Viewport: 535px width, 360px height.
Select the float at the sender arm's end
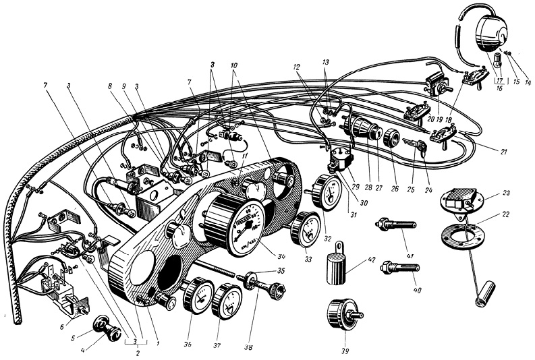(x=483, y=294)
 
